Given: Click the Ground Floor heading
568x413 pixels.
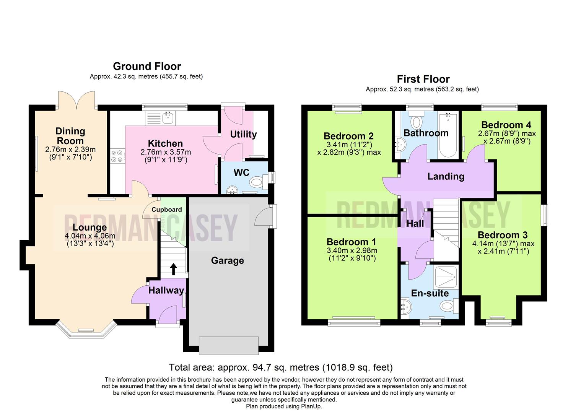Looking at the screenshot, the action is tap(147, 67).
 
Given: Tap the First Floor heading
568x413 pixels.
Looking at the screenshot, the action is tap(423, 79).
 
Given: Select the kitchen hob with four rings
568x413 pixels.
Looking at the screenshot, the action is tap(118, 156).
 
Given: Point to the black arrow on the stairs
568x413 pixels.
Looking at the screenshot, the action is tap(173, 269).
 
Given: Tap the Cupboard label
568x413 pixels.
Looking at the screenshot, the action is tap(167, 210).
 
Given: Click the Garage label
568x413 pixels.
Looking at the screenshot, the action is tap(228, 261).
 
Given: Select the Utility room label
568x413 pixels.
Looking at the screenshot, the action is tap(243, 134).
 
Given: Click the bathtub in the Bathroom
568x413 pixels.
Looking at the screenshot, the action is tap(448, 135).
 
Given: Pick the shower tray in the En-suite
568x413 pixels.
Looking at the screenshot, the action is tap(446, 276).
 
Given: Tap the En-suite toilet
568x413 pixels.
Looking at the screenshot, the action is tap(449, 306).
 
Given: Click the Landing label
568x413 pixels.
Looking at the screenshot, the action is tap(446, 176).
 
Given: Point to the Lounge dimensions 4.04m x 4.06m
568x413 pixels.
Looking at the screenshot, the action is tap(90, 236).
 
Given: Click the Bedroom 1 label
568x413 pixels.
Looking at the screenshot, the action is tap(351, 242).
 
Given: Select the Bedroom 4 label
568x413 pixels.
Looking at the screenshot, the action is tap(506, 125).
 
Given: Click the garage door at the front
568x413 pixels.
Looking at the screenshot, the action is tap(229, 345).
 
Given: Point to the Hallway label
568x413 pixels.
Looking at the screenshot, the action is tap(166, 291).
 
